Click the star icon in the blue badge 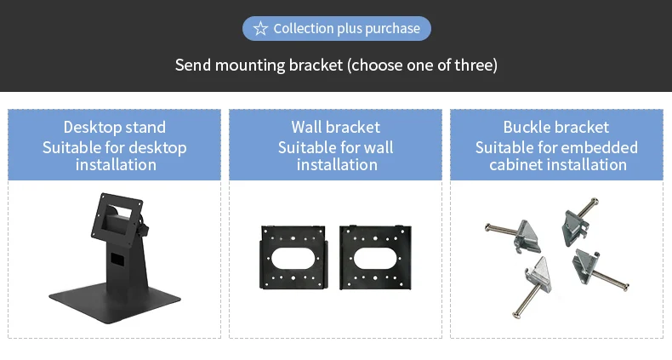coord(260,29)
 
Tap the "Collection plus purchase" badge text coord(346,29)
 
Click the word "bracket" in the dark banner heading coord(312,65)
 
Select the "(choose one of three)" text coord(422,65)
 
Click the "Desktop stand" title coord(115,128)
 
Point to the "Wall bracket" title coord(336,128)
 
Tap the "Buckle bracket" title coord(556,128)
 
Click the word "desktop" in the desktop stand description coord(155,147)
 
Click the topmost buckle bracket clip coord(574,223)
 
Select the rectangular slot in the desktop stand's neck coord(117,257)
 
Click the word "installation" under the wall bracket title coord(337,164)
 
